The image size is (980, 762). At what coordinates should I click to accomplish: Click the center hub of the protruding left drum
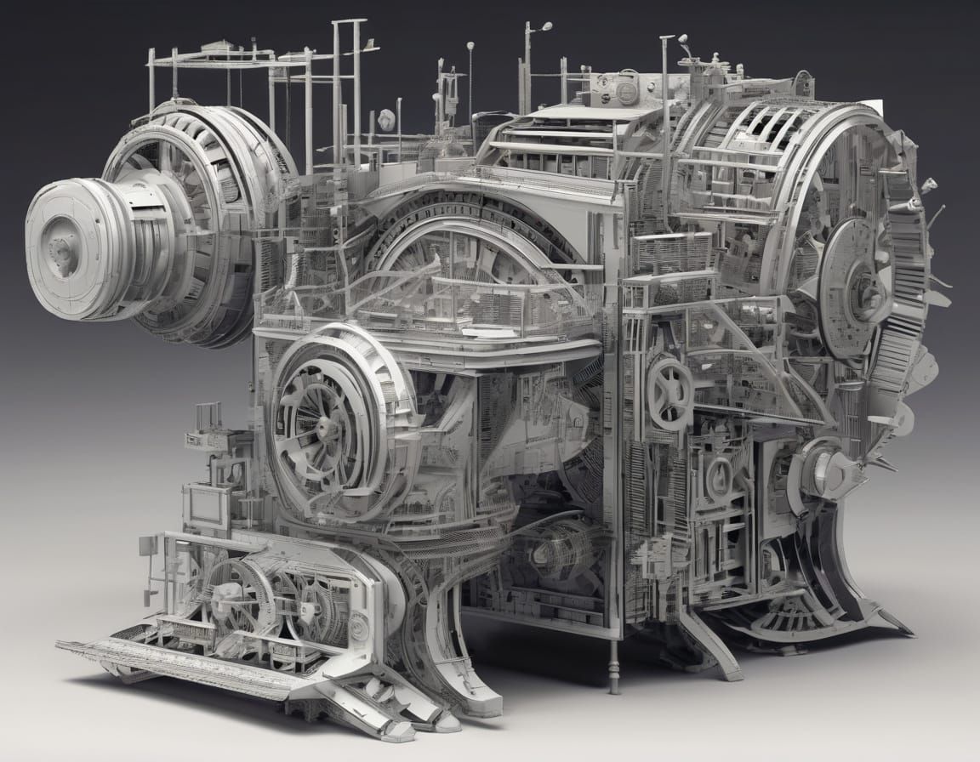click(x=61, y=248)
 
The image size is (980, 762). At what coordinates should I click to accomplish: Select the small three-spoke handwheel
click(x=669, y=392)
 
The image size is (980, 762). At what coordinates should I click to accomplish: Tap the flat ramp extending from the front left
click(x=170, y=664)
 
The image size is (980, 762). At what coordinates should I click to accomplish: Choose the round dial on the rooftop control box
click(x=627, y=90)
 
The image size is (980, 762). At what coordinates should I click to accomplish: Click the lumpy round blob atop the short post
click(x=387, y=120)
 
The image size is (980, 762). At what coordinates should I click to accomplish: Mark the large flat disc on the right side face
click(x=855, y=276)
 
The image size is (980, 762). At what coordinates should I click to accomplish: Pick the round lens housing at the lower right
click(x=817, y=468)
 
